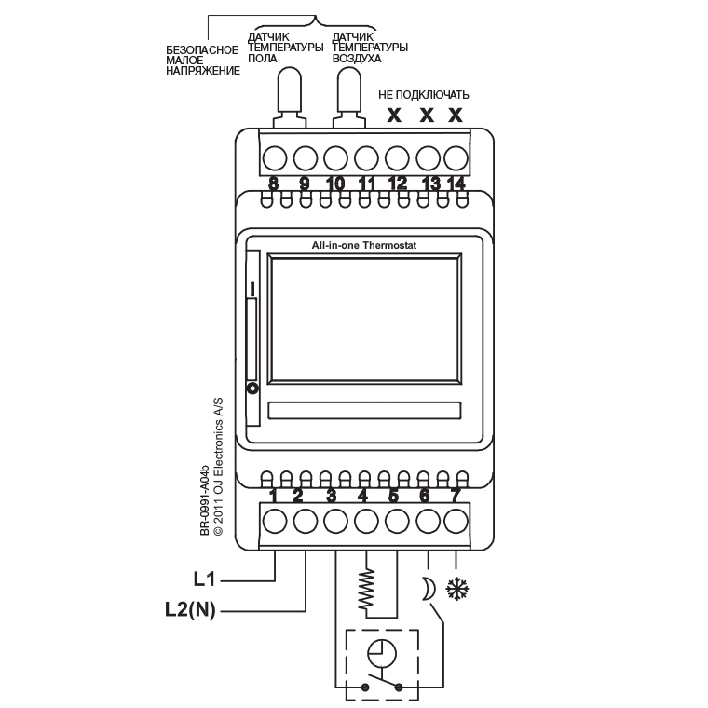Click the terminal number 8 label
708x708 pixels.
click(x=274, y=184)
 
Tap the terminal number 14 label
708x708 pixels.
click(x=456, y=184)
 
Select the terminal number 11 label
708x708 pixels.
click(x=366, y=184)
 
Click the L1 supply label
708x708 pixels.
click(x=205, y=579)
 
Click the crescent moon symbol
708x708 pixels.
click(x=429, y=589)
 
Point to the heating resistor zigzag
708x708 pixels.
click(x=367, y=587)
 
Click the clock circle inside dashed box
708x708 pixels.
click(x=381, y=652)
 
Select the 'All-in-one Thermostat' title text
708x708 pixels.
click(x=363, y=245)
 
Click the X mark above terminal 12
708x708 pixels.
click(x=394, y=116)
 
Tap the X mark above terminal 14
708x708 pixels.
click(x=456, y=116)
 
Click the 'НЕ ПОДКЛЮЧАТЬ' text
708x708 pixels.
click(x=423, y=95)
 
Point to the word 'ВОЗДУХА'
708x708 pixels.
click(x=357, y=58)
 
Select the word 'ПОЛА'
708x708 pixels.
click(x=262, y=58)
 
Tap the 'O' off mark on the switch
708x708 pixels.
click(x=251, y=387)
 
